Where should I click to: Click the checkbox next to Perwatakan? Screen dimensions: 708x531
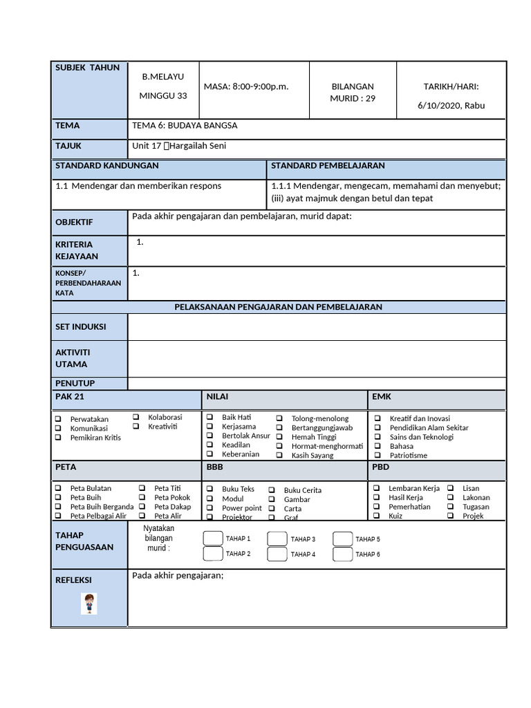tap(58, 419)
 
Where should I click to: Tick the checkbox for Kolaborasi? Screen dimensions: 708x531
tap(136, 417)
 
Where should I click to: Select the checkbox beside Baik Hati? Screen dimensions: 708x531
tap(209, 417)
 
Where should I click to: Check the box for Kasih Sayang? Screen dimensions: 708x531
tap(279, 455)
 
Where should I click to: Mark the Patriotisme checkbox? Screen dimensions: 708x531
tap(377, 455)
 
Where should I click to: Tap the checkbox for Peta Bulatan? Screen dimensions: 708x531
tap(58, 488)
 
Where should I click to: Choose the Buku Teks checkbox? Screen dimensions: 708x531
tap(209, 489)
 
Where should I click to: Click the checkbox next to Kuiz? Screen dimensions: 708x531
tap(377, 515)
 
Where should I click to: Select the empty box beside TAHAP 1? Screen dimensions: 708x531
tap(213, 539)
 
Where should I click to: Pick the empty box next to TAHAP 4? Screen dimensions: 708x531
tap(277, 554)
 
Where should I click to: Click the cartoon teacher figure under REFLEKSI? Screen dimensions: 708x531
tap(89, 604)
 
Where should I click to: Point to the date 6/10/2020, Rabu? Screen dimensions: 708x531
tap(450, 105)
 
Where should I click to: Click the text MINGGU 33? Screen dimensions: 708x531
tap(163, 95)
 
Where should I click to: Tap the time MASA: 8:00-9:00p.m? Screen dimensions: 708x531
tap(246, 86)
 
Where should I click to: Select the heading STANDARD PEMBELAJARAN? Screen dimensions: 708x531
tap(328, 166)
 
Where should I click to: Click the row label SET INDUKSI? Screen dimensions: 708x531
tap(80, 326)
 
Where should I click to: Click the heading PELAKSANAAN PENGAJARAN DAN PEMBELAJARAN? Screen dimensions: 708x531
tap(279, 307)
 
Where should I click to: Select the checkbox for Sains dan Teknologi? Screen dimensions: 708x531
tap(377, 437)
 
